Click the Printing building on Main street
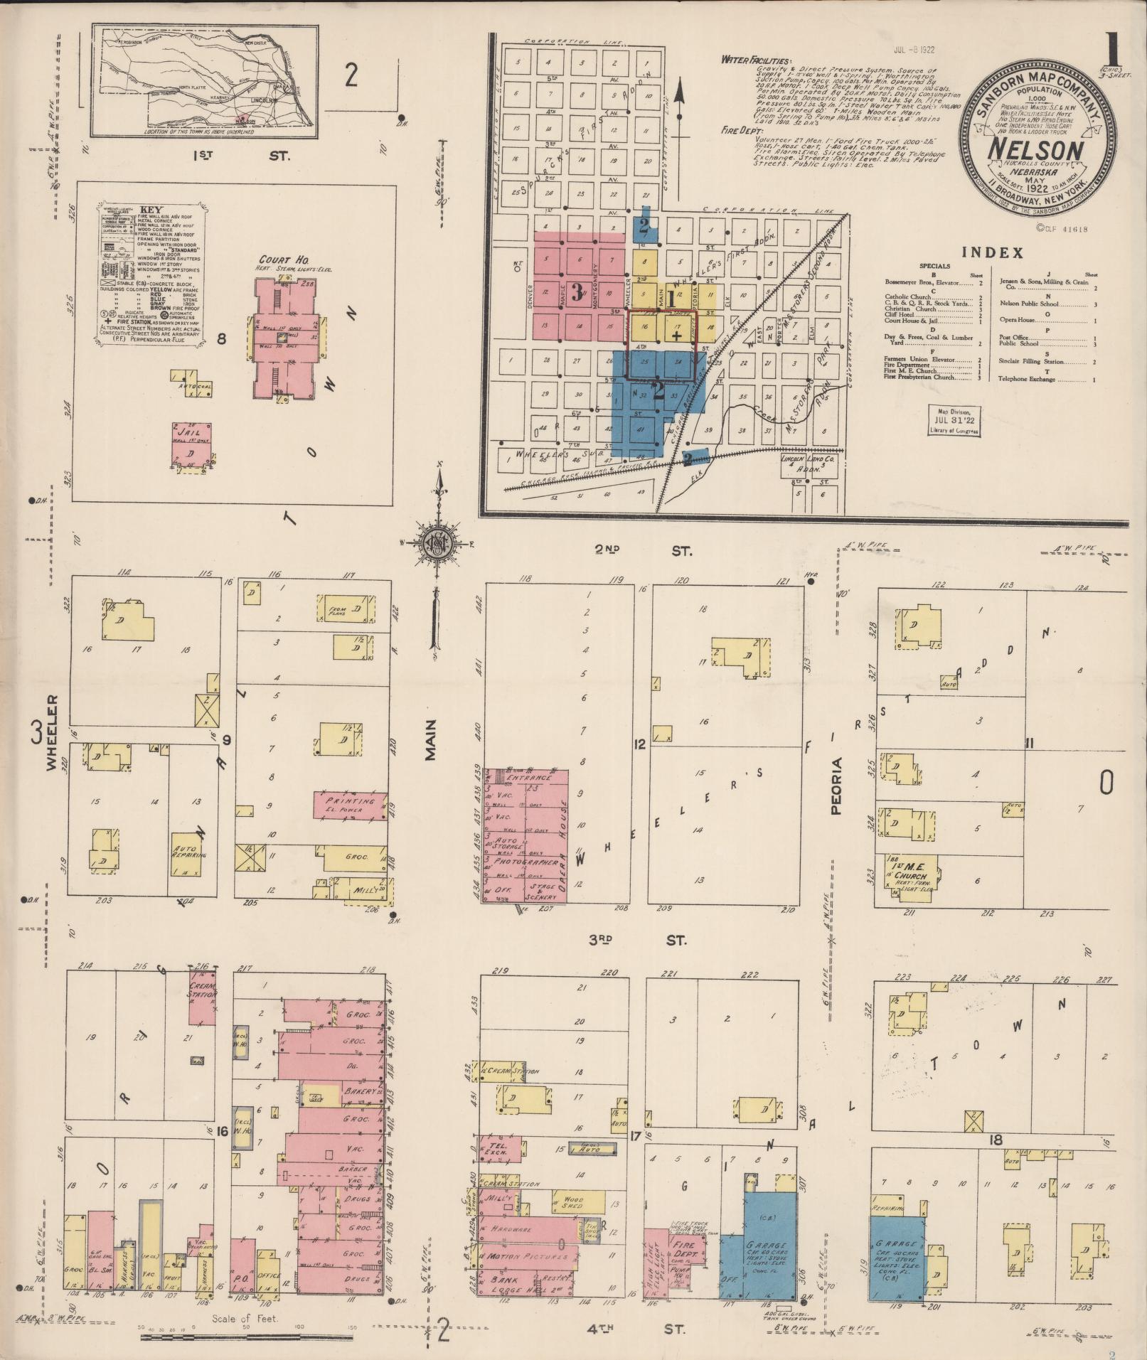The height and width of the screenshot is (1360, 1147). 350,805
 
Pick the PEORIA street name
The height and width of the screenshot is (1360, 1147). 838,796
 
